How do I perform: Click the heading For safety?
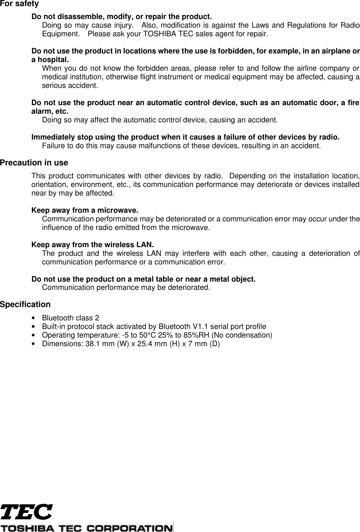click(x=19, y=4)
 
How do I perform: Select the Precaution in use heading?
click(x=34, y=163)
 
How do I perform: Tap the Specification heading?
click(x=25, y=304)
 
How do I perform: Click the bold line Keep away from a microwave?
click(x=85, y=210)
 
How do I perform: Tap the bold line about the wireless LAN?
click(x=93, y=245)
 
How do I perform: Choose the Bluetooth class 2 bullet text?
click(x=71, y=318)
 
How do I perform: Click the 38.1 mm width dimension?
click(x=101, y=344)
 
